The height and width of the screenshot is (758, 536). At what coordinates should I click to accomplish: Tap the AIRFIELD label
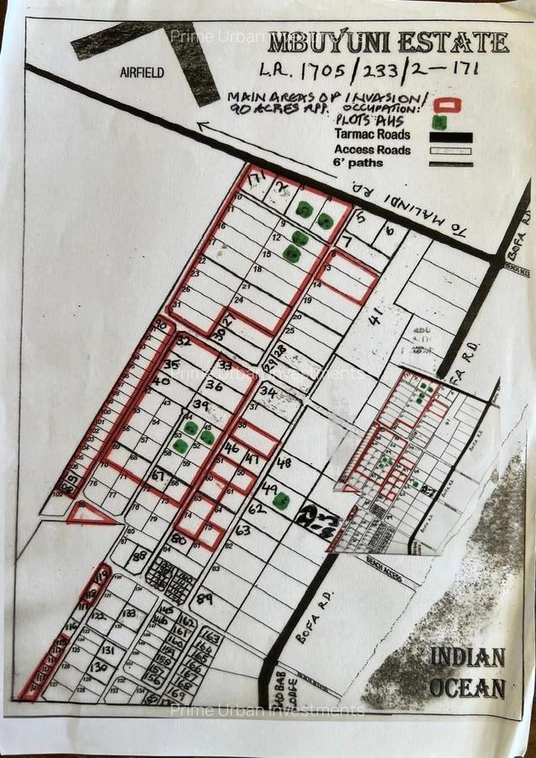click(143, 73)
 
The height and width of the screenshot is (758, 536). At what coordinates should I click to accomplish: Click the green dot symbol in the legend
click(438, 122)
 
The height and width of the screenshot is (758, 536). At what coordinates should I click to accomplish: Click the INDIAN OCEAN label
click(468, 672)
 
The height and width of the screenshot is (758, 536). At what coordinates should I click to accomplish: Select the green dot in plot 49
click(281, 501)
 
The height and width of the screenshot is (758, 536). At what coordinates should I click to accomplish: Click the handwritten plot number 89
click(203, 599)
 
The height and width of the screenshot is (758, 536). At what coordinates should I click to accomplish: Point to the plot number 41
click(374, 316)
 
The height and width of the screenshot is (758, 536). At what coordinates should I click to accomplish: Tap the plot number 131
click(108, 649)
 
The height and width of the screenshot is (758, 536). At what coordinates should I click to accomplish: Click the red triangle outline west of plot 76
click(89, 514)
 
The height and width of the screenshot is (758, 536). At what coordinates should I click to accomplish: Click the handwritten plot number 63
click(243, 530)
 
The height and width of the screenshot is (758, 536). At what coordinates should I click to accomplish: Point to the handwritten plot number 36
click(214, 386)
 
